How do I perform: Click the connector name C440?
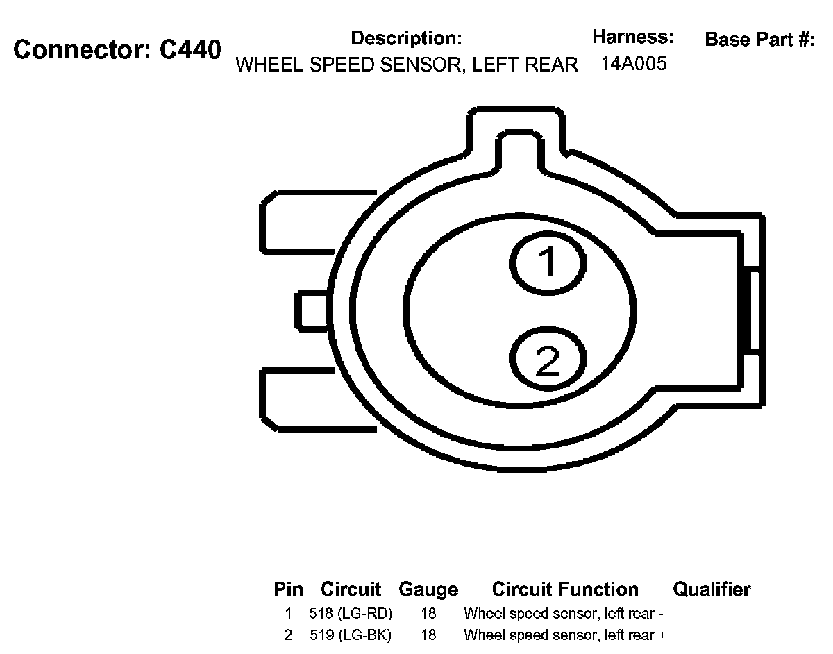(x=190, y=50)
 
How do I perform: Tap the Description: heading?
(x=406, y=38)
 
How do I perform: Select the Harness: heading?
(x=633, y=37)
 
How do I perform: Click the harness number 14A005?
(x=634, y=63)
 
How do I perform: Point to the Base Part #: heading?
(x=760, y=40)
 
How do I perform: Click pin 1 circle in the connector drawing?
(x=548, y=263)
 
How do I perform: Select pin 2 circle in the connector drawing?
(x=548, y=358)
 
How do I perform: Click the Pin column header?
(x=288, y=589)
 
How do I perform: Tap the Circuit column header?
(x=351, y=589)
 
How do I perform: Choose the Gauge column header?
(x=428, y=590)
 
